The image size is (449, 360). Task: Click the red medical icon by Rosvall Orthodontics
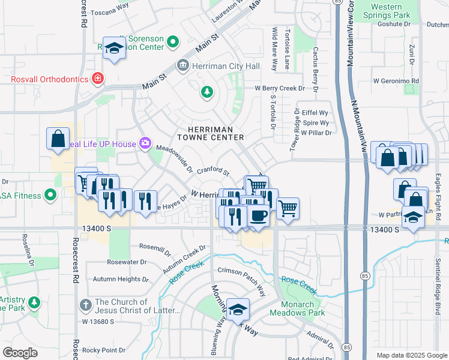(x=97, y=79)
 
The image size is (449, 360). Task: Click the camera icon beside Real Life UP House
(x=145, y=143)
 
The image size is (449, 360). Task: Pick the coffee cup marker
(x=259, y=215)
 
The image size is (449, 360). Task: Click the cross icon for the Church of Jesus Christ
(x=86, y=305)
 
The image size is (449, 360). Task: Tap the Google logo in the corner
(x=20, y=352)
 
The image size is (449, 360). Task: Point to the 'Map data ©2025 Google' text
(x=412, y=355)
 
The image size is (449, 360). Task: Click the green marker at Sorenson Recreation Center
(x=173, y=42)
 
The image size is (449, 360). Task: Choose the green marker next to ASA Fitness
(x=51, y=195)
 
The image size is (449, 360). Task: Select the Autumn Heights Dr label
(x=121, y=280)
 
